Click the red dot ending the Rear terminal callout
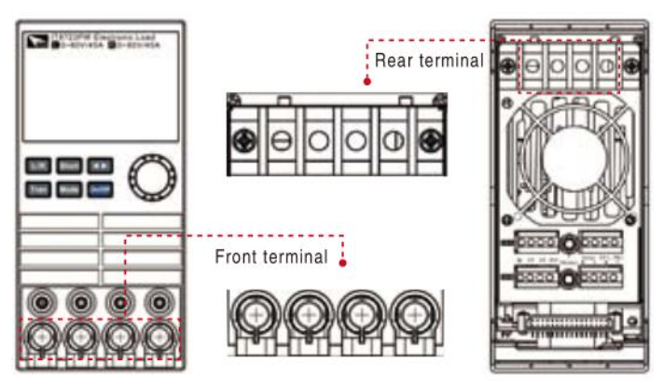point(367,82)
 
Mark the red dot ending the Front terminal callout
point(344,262)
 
